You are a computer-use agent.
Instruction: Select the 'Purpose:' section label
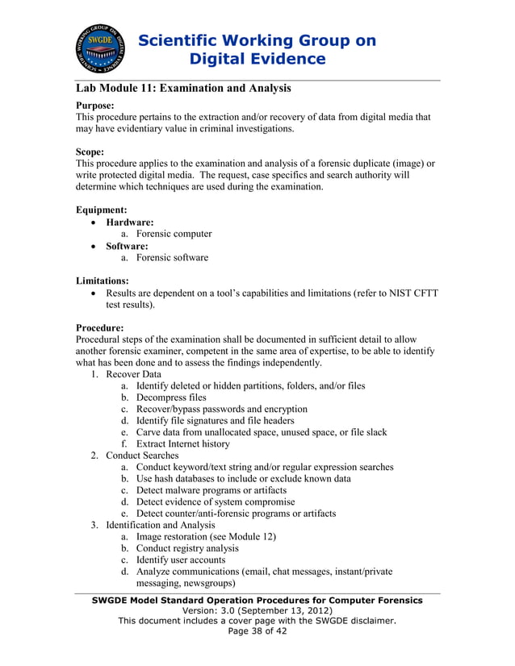(x=94, y=105)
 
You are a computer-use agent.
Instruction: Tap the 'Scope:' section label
(x=90, y=151)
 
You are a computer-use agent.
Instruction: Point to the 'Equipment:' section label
(x=101, y=209)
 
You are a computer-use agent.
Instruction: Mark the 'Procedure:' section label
(x=99, y=328)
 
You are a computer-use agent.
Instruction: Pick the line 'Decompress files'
(x=170, y=398)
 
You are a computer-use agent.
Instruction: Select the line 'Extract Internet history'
(x=182, y=443)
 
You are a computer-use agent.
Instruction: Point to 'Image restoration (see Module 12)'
(x=206, y=536)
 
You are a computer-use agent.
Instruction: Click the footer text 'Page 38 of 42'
(x=257, y=631)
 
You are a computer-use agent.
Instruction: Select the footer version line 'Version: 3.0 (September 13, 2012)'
(x=257, y=610)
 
